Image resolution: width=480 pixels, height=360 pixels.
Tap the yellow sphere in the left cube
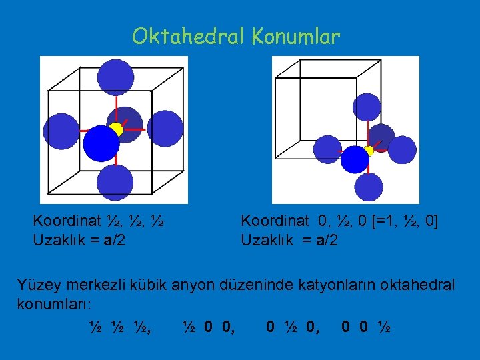(116, 129)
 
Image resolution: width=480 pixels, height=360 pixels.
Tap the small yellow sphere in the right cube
(369, 151)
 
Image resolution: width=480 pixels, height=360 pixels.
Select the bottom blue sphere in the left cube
(115, 183)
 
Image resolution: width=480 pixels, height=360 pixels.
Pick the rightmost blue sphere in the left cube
(165, 129)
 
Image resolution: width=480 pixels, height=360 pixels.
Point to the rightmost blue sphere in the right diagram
(401, 149)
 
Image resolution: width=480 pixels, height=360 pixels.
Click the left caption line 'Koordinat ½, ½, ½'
(99, 221)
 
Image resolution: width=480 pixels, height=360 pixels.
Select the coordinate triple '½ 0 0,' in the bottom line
(207, 327)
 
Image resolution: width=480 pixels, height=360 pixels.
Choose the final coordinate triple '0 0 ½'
(366, 327)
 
